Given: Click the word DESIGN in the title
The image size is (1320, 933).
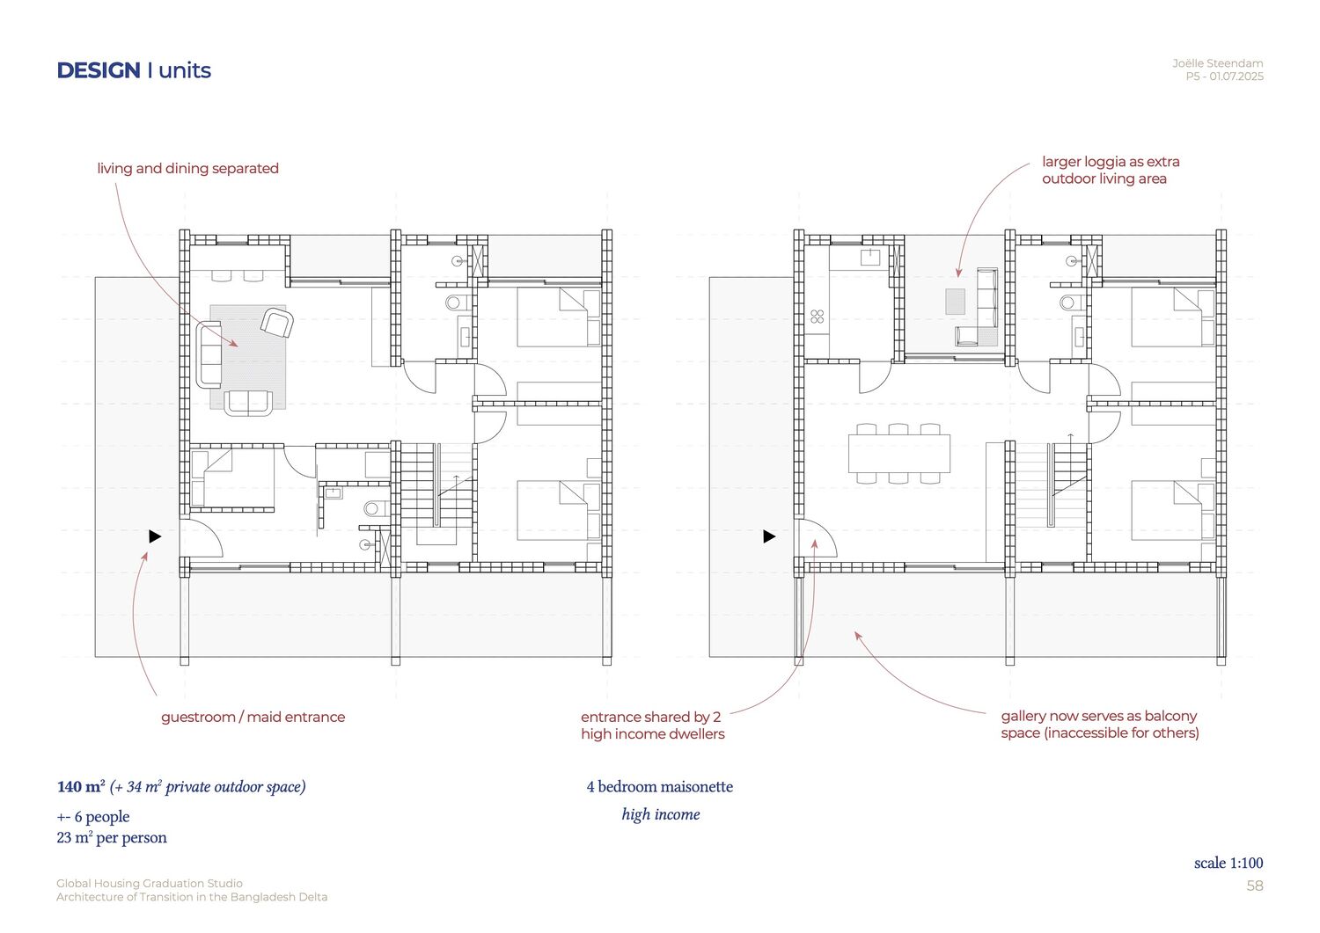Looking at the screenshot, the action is point(99,70).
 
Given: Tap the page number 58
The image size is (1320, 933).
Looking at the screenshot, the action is point(1255,886).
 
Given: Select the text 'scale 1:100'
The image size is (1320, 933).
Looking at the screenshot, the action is point(1228,863).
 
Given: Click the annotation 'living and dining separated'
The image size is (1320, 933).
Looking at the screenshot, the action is point(188,169).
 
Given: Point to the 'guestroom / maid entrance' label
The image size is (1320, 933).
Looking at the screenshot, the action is point(253,717).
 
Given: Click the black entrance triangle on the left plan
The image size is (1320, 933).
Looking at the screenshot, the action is point(155,536).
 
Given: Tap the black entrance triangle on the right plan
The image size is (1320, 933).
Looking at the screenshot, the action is point(769,536).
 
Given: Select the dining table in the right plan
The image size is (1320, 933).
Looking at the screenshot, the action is point(899,454).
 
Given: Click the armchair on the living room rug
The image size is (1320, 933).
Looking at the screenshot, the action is point(277,323).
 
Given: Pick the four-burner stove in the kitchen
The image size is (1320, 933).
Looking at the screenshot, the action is point(818,317).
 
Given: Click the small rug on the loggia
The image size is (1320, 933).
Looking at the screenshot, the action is point(955,301).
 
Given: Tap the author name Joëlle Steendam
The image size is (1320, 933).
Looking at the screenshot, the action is point(1217,63).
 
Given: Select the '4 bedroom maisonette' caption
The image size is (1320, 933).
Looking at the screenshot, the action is point(660,787).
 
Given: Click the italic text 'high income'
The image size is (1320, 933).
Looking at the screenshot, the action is point(661,814).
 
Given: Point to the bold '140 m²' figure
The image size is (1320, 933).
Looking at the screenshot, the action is point(81,786).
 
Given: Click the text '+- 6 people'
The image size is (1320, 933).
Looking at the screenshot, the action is point(93,817).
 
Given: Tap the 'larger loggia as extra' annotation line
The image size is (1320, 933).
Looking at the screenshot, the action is point(1111,162).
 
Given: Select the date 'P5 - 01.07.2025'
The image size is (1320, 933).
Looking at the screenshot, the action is point(1225,77).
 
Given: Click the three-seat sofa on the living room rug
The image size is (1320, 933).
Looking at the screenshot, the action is point(209,354).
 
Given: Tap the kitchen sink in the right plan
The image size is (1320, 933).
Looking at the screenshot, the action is point(870,258).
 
